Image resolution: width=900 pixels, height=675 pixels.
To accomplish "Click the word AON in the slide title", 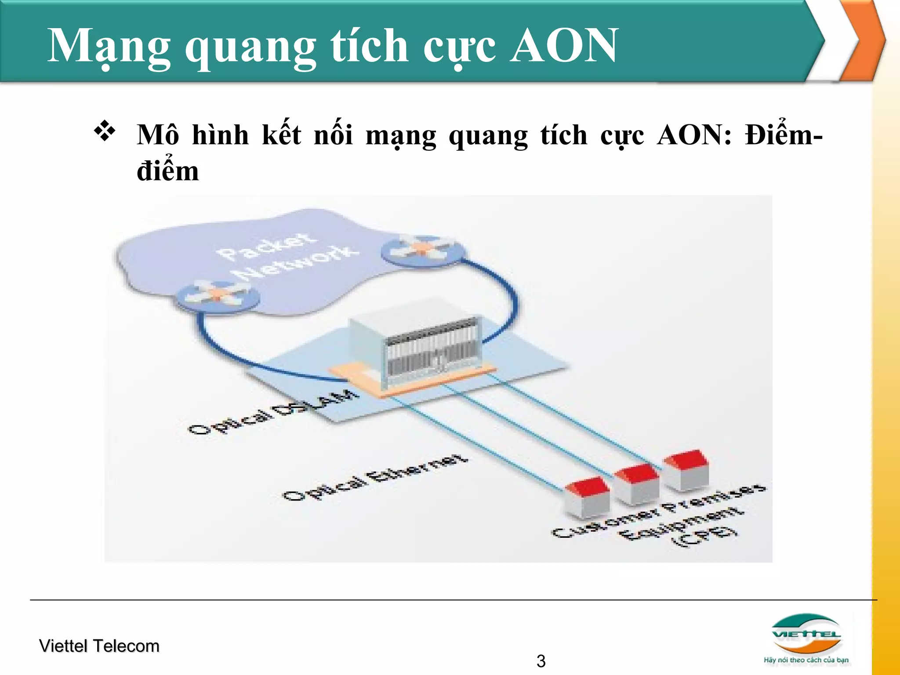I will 564,45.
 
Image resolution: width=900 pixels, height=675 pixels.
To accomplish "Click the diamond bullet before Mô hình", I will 105,131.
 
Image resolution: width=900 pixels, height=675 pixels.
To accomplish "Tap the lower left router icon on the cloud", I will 217,296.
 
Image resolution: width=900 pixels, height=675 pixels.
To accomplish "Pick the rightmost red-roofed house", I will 686,470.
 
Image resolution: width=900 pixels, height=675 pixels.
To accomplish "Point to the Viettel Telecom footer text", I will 99,646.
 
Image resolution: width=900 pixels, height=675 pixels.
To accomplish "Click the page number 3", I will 541,661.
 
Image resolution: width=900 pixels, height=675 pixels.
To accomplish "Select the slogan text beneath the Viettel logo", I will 806,660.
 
